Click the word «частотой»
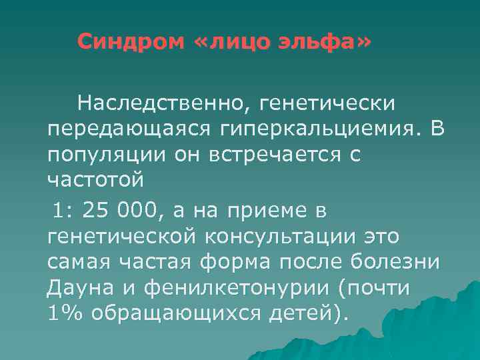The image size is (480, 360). click(96, 180)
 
